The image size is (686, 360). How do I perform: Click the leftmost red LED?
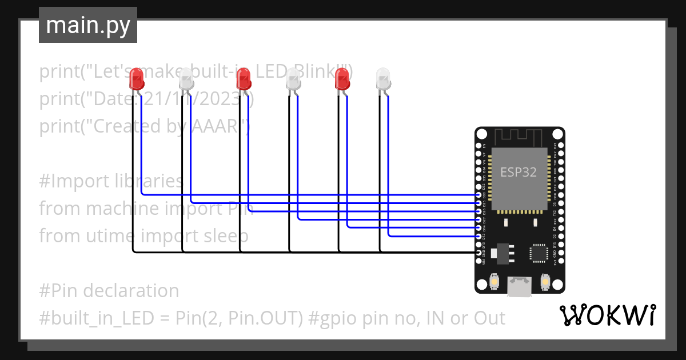pyautogui.click(x=136, y=78)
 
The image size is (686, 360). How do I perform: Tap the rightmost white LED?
pyautogui.click(x=383, y=78)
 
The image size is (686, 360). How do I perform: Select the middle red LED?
pyautogui.click(x=244, y=78)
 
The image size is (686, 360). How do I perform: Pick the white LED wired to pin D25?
pyautogui.click(x=186, y=78)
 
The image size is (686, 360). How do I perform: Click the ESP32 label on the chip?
pyautogui.click(x=519, y=172)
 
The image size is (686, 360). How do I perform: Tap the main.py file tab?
pyautogui.click(x=88, y=25)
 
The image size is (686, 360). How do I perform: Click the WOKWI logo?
pyautogui.click(x=607, y=315)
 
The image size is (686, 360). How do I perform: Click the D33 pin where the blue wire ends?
pyautogui.click(x=478, y=195)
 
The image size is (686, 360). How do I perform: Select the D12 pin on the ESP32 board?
pyautogui.click(x=478, y=236)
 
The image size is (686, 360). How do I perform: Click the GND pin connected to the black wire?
pyautogui.click(x=478, y=252)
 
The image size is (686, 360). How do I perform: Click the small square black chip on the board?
pyautogui.click(x=539, y=253)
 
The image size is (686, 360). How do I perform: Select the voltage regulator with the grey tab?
pyautogui.click(x=502, y=253)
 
